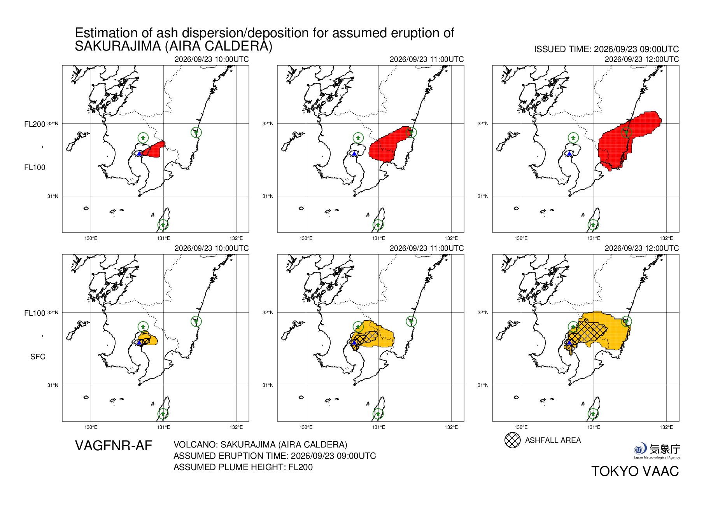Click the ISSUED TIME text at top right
pos(606,49)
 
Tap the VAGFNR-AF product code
pos(114,446)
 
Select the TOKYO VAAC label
pos(635,471)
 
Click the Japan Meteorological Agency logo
pos(657,451)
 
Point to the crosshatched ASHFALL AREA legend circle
pos(512,440)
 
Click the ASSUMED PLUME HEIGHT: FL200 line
pos(243,467)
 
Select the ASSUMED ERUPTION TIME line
pos(275,456)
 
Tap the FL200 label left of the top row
pos(35,124)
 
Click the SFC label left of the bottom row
pos(38,357)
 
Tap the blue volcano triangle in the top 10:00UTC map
pos(139,154)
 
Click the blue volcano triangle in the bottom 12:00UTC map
pos(569,343)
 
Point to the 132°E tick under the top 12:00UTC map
pos(666,238)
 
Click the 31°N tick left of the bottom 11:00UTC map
pos(268,385)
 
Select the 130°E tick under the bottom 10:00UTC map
pos(91,427)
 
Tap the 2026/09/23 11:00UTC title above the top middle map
pos(427,59)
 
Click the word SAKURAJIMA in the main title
pos(118,46)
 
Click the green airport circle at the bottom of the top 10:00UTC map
pos(163,225)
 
